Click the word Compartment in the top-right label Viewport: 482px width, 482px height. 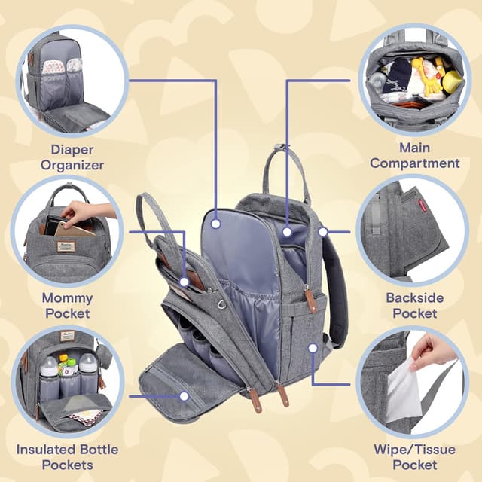(414, 163)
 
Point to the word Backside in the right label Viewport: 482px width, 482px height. (414, 297)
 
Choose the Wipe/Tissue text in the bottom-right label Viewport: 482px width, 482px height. (414, 450)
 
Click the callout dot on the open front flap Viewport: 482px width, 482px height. (184, 395)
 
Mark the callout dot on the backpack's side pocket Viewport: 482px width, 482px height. (313, 348)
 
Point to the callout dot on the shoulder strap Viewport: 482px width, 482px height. (323, 232)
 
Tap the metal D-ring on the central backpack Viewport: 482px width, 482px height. (221, 304)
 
